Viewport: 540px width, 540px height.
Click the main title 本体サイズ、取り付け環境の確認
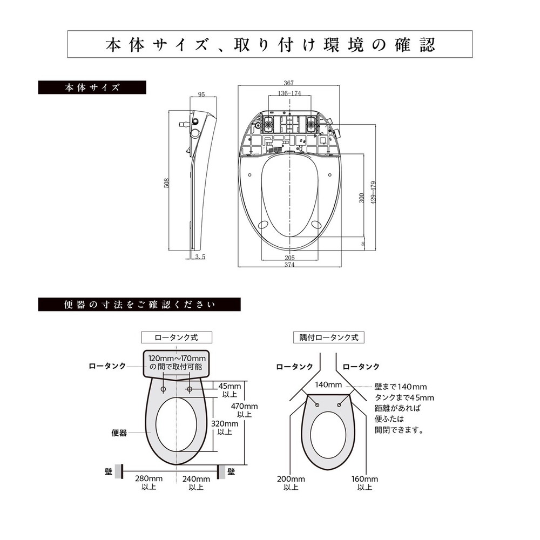point(269,45)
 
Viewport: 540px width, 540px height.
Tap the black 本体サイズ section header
point(92,87)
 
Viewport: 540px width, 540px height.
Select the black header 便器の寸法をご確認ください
point(139,305)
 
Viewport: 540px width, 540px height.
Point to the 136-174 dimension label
point(289,93)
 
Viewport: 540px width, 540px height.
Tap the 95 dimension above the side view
point(201,94)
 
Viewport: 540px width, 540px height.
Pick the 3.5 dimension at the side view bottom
point(199,257)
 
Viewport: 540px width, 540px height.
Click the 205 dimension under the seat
point(289,258)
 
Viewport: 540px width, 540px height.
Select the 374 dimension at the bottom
point(289,265)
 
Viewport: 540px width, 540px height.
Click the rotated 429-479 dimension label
point(373,192)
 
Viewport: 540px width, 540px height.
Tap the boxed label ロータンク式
point(176,337)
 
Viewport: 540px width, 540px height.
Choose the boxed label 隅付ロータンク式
point(329,337)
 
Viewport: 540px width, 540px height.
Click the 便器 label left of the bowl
point(119,433)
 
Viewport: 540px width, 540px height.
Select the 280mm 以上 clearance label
point(148,483)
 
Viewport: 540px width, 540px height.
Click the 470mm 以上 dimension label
point(244,410)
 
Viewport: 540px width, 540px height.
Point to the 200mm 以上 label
point(291,483)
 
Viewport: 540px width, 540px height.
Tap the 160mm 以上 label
point(364,483)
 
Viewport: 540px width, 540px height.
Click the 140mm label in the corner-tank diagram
point(328,385)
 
